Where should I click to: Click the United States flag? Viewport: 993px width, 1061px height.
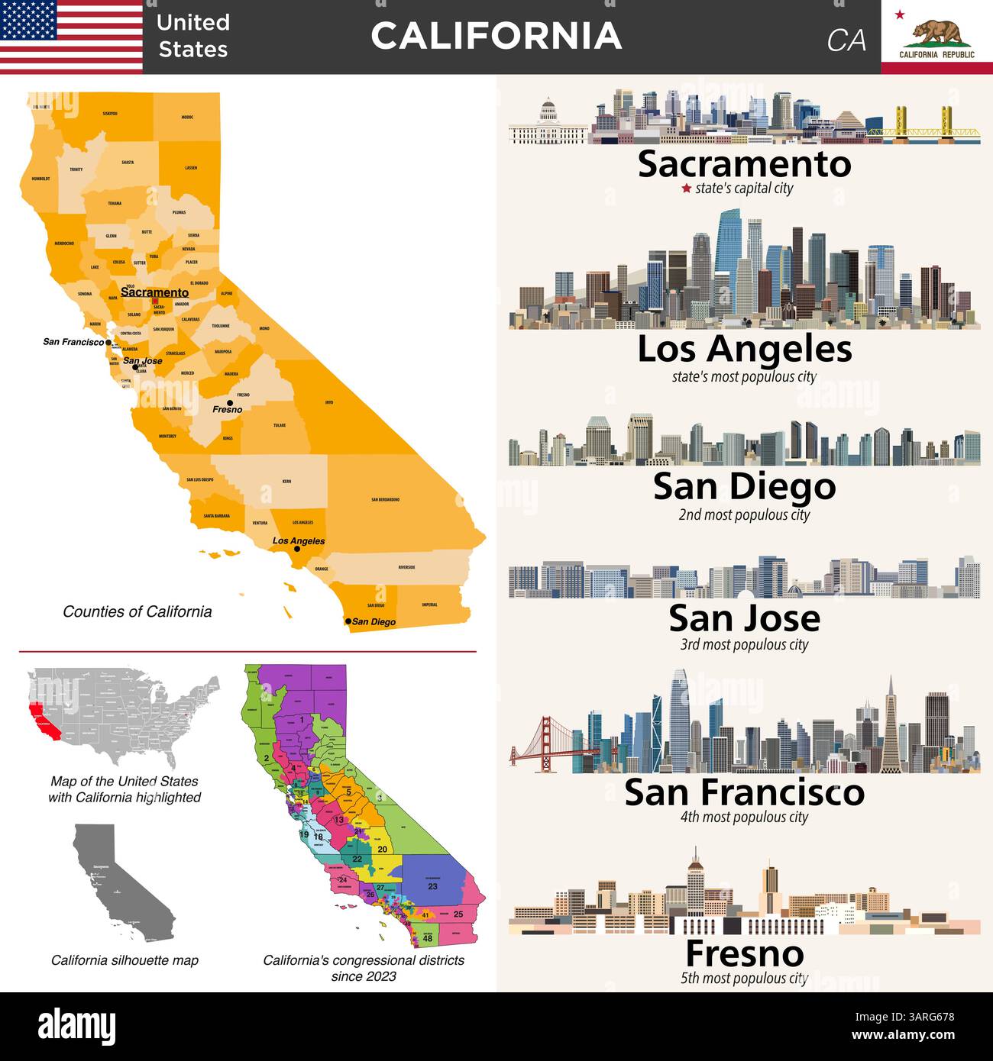click(x=71, y=36)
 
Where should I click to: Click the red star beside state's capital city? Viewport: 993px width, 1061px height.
click(x=686, y=189)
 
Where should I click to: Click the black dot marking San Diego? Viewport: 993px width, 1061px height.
click(x=348, y=621)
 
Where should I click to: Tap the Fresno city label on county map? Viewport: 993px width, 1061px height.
click(x=227, y=410)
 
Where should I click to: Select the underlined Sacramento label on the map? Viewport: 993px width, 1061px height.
click(x=154, y=292)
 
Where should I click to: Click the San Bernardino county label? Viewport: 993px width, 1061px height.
click(x=385, y=500)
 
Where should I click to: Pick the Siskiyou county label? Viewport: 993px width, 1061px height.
click(x=110, y=114)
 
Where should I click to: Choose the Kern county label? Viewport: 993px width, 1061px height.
click(x=286, y=482)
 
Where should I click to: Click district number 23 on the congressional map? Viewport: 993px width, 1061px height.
click(x=432, y=886)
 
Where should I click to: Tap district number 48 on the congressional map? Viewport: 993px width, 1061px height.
click(x=428, y=938)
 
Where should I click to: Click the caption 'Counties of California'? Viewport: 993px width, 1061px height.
click(x=137, y=611)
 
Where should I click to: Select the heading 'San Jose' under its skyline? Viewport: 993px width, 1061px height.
click(x=744, y=618)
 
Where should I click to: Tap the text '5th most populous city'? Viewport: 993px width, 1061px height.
click(x=744, y=979)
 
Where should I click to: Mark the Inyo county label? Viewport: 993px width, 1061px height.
click(x=329, y=402)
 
